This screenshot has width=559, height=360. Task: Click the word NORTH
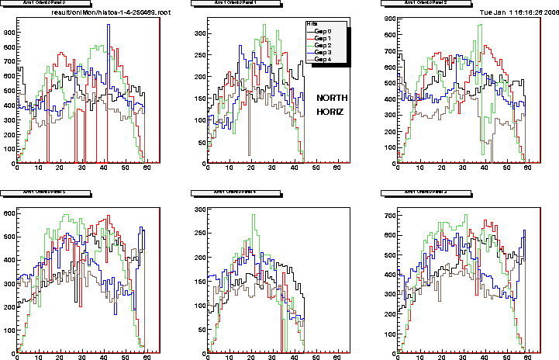pos(332,98)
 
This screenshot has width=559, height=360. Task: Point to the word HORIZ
pos(330,112)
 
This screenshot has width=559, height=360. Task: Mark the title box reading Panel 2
pos(421,3)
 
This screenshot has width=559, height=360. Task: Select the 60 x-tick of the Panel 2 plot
pos(527,169)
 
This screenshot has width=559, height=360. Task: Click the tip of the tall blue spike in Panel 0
pos(108,25)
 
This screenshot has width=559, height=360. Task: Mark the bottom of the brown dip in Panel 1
pos(249,155)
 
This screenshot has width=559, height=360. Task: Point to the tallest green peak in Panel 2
pos(481,26)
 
